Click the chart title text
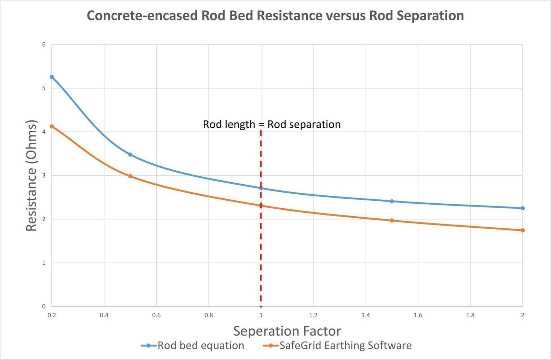pyautogui.click(x=275, y=16)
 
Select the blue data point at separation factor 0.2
pyautogui.click(x=52, y=77)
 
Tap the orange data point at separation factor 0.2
pyautogui.click(x=52, y=126)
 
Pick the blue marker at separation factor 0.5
pyautogui.click(x=130, y=155)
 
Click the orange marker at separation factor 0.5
pyautogui.click(x=130, y=176)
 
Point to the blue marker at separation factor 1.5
pyautogui.click(x=392, y=202)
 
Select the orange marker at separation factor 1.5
pyautogui.click(x=392, y=221)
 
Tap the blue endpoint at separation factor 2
pyautogui.click(x=523, y=208)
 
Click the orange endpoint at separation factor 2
pyautogui.click(x=523, y=230)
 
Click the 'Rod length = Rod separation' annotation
pyautogui.click(x=272, y=124)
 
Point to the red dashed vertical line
pyautogui.click(x=261, y=251)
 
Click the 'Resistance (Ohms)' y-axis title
pyautogui.click(x=32, y=176)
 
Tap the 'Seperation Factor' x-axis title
pyautogui.click(x=287, y=331)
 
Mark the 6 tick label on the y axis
pyautogui.click(x=44, y=44)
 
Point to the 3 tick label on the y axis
pyautogui.click(x=44, y=175)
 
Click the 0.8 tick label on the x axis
pyautogui.click(x=208, y=316)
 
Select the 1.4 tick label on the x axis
pyautogui.click(x=366, y=316)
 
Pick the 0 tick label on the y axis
pyautogui.click(x=44, y=306)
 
